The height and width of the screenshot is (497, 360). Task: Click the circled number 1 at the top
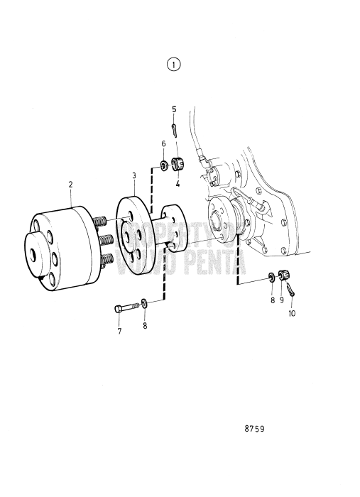tap(174, 65)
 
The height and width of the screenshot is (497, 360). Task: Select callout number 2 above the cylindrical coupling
tap(71, 185)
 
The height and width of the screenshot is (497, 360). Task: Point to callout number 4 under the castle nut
tap(178, 183)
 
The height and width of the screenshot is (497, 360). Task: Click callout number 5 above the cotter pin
tap(174, 109)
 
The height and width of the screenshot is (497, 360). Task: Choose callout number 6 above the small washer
tap(163, 144)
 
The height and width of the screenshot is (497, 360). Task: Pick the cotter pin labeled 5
tap(175, 130)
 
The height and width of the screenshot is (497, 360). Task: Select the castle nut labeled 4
tap(178, 165)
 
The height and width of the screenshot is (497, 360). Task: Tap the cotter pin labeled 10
tap(291, 289)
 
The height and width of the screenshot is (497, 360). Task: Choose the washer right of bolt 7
tap(145, 304)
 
